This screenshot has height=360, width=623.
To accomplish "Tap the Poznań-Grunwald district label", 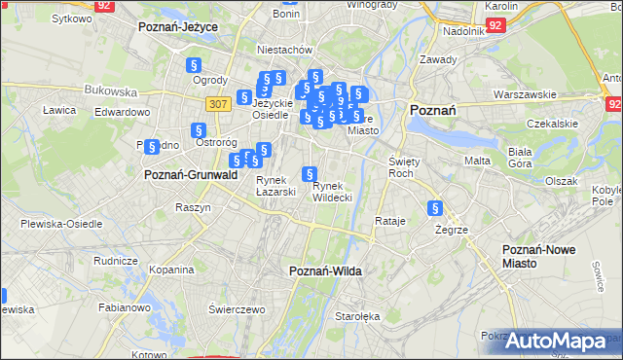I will [191, 175].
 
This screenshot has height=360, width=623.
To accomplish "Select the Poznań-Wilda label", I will [326, 271].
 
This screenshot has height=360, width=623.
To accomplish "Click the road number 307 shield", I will [217, 103].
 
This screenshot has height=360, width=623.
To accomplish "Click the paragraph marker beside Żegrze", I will [435, 208].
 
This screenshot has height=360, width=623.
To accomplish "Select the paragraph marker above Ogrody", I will [193, 65].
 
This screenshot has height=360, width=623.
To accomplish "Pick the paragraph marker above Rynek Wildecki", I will [309, 175].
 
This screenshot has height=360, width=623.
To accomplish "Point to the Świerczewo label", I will [237, 309].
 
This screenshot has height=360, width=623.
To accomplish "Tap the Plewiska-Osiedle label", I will [61, 223].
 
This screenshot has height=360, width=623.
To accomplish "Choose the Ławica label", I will [59, 110].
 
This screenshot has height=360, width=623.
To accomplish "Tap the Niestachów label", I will [283, 49].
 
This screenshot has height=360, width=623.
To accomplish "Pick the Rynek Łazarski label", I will [275, 186].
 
